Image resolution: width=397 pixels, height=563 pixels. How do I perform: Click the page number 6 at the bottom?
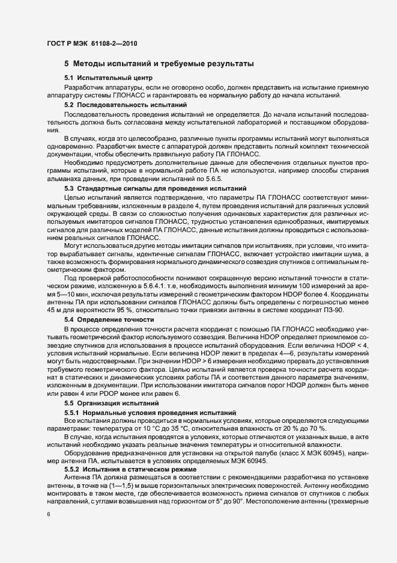(x=48, y=514)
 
